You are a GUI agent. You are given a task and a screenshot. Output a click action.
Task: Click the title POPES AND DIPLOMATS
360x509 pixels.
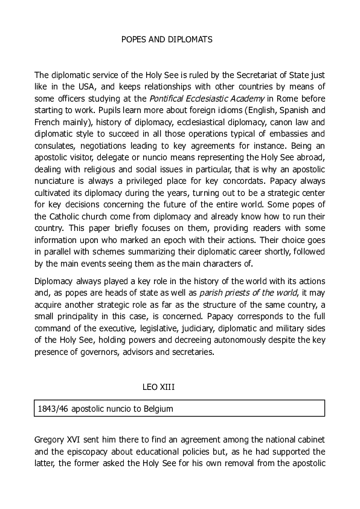(x=167, y=39)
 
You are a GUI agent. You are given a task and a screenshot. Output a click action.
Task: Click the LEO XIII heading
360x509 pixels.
(x=159, y=386)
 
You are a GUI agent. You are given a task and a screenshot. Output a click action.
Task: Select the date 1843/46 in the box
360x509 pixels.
(x=53, y=409)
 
